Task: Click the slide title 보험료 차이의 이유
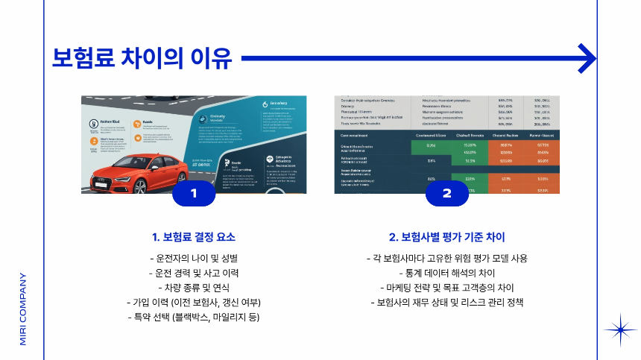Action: [142, 57]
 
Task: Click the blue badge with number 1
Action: [194, 194]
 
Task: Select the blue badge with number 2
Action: [447, 194]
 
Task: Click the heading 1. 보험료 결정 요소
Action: [194, 238]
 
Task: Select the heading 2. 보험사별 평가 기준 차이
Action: [447, 238]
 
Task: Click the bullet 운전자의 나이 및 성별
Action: [194, 259]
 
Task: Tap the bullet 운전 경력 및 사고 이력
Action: [194, 273]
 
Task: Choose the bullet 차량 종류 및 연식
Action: [194, 288]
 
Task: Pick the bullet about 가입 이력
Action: [194, 303]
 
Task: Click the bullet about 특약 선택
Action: [194, 318]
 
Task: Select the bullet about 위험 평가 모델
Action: [447, 259]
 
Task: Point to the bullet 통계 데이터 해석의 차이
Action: [447, 273]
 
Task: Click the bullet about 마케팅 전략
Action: [447, 288]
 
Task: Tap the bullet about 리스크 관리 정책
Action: [447, 303]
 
